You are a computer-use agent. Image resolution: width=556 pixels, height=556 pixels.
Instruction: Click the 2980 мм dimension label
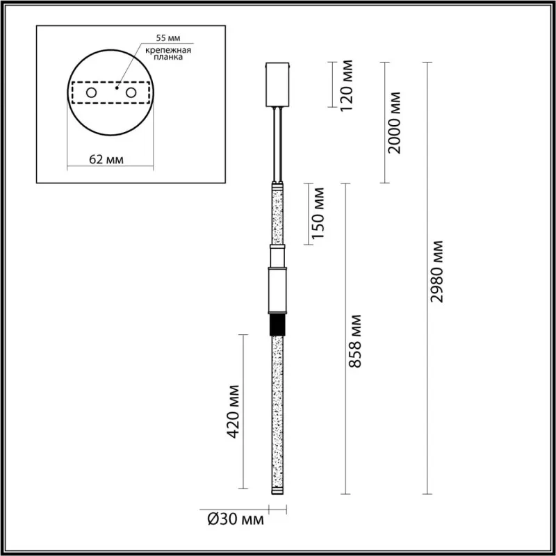click(436, 271)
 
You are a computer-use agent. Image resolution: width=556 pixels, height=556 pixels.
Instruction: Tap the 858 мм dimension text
click(354, 341)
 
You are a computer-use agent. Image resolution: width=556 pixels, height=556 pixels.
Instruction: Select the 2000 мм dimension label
click(393, 123)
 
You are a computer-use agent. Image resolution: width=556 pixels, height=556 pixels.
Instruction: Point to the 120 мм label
click(346, 85)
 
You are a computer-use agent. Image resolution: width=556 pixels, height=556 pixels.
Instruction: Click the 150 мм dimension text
click(317, 213)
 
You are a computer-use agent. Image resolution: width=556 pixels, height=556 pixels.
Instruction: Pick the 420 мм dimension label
click(233, 411)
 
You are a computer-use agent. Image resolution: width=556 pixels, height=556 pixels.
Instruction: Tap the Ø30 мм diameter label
click(236, 520)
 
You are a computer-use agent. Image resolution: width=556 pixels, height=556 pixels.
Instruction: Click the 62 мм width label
click(106, 160)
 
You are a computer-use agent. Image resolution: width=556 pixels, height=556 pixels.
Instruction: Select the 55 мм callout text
click(168, 38)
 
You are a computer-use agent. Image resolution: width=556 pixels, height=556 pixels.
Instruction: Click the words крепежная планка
click(168, 54)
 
